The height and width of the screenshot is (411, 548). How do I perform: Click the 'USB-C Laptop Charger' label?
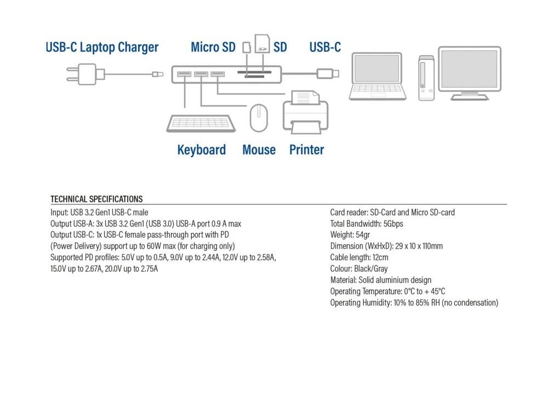coord(102,47)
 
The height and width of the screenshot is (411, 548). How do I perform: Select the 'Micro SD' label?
coord(213,47)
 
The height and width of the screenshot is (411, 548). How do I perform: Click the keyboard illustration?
coord(201,123)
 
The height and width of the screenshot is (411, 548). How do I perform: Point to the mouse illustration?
coord(259,118)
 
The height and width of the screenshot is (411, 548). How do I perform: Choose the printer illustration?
coord(305,113)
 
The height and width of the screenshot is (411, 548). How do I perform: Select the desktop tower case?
coord(426,78)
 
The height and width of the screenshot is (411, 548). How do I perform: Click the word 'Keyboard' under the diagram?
coord(201,150)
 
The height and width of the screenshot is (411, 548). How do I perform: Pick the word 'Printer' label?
coord(306,150)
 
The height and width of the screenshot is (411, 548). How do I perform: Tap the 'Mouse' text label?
coord(259,150)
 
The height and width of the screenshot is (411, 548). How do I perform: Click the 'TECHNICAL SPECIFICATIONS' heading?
coord(96,199)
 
